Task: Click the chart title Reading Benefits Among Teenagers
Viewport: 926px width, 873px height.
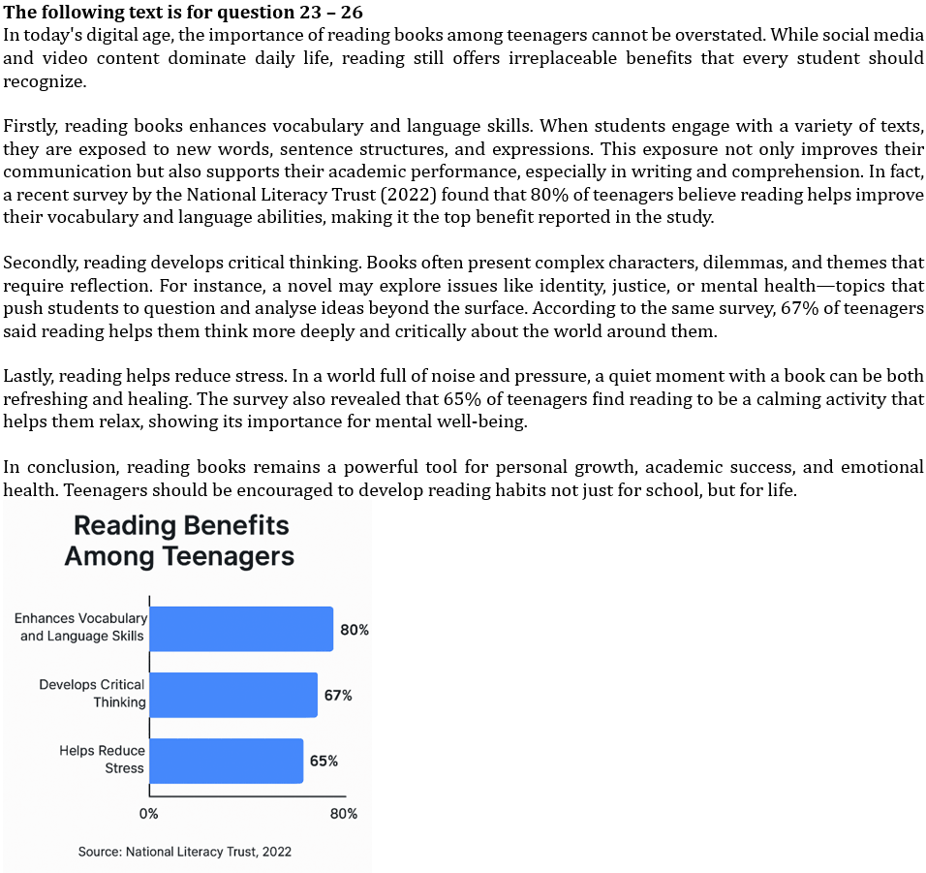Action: coord(179,541)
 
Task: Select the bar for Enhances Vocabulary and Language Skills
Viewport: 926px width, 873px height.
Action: coord(241,629)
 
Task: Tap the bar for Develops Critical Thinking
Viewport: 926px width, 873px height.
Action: coord(233,695)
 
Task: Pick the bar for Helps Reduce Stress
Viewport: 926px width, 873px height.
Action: coord(226,761)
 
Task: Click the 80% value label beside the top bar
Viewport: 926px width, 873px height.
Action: coord(355,630)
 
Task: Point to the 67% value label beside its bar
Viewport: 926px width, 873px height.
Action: coord(338,696)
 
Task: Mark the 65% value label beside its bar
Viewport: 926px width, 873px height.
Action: coord(324,762)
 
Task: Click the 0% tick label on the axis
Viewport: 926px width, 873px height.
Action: coord(148,814)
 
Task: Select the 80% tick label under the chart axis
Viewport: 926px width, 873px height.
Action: coord(344,814)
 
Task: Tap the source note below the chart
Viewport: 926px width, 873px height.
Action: coord(185,852)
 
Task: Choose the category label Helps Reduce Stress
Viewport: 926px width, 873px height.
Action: coord(102,760)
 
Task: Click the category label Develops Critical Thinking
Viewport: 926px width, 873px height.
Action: coord(92,694)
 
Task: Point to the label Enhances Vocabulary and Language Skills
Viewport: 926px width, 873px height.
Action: coord(81,627)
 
